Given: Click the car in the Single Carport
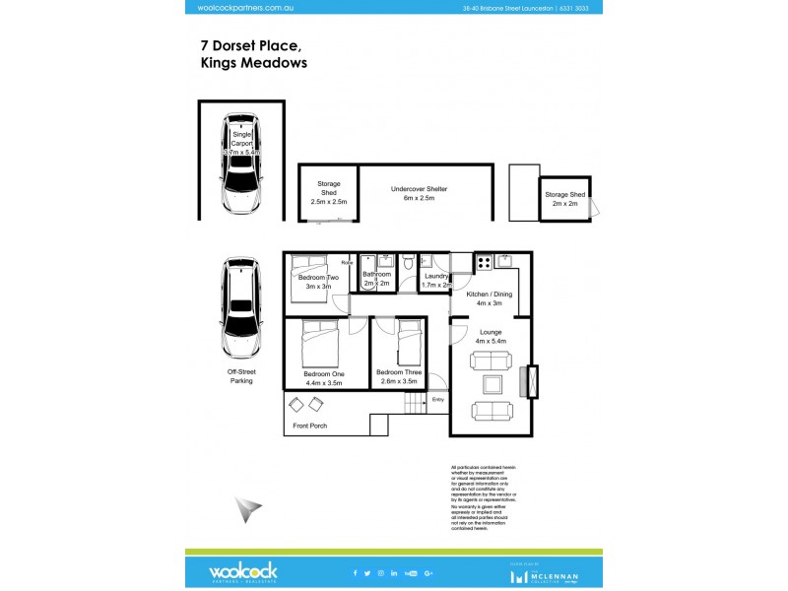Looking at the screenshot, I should tap(241, 164).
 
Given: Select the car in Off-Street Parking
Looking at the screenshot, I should tap(241, 308).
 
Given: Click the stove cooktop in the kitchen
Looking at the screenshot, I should tap(484, 263).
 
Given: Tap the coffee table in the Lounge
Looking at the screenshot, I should tap(491, 385).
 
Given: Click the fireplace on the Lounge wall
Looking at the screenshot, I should tap(533, 380).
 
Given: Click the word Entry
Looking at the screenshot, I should tap(438, 400).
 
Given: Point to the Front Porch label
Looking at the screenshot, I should tap(310, 426).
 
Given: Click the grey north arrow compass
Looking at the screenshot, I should tap(248, 509).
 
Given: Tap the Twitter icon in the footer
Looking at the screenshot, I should tap(366, 572).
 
